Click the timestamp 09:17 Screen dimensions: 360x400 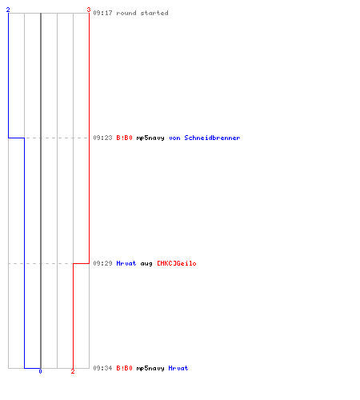102,13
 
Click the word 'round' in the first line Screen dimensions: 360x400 126,13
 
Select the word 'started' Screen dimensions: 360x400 154,13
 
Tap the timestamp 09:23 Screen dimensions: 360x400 102,138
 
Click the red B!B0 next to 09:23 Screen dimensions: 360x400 124,138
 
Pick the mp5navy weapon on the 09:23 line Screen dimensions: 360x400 150,138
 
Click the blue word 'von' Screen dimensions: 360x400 174,138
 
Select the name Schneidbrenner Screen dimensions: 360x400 212,138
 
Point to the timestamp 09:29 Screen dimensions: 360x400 102,263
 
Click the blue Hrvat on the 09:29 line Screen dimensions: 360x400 126,263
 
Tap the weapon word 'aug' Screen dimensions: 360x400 146,264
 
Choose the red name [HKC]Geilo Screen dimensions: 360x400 177,263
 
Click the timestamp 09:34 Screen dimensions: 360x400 102,368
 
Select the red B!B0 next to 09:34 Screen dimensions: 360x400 124,368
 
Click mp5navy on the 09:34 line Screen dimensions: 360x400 150,369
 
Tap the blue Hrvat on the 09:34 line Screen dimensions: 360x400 178,368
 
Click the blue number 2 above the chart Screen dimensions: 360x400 8,10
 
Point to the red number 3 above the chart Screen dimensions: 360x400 89,10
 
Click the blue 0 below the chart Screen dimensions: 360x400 40,371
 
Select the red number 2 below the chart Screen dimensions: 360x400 73,371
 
